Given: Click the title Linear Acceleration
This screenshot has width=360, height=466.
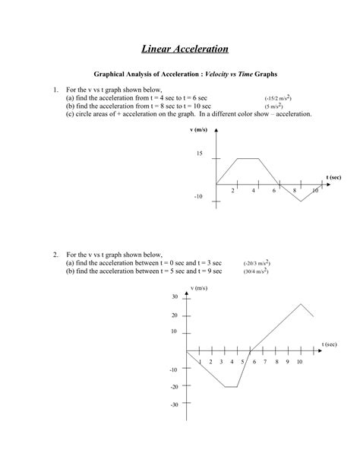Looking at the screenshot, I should point(185,49).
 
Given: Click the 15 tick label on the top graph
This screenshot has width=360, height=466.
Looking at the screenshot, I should point(200,154).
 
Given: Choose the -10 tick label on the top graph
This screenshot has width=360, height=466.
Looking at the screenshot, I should point(199,196).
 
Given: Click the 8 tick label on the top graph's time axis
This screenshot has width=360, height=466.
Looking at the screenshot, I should point(294,191).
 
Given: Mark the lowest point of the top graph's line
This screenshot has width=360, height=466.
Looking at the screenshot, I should point(301,201).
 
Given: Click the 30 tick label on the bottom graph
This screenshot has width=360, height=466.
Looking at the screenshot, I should point(175,296).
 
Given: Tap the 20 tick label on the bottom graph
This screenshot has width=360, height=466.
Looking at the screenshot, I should point(175,315).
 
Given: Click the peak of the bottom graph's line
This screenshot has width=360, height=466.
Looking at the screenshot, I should point(301,304).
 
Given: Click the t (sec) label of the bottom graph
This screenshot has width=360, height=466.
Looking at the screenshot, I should point(328,344).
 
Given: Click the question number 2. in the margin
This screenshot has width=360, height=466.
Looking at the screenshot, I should point(56,254).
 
